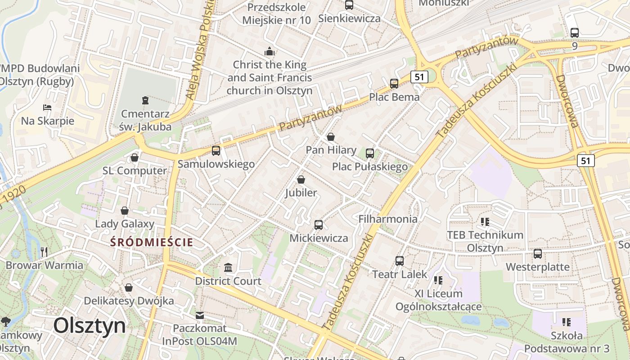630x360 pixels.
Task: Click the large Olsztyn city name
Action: point(90,325)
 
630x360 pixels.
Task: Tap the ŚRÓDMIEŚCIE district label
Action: point(152,242)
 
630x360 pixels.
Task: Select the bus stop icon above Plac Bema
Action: point(394,83)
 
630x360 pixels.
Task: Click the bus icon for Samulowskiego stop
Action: point(216,150)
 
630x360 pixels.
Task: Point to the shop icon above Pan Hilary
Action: point(331,136)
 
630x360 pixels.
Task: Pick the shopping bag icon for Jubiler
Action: point(301,180)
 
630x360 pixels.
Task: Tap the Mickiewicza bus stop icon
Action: point(319,225)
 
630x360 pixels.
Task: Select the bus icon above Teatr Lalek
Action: point(400,261)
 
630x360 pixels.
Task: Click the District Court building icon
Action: point(228,267)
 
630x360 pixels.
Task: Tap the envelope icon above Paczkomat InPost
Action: point(200,315)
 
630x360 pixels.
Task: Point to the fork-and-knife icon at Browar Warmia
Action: point(44,252)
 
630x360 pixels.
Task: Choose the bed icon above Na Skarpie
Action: point(47,107)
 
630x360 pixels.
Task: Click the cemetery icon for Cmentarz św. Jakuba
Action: point(145,99)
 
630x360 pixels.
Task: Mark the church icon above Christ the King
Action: point(270,51)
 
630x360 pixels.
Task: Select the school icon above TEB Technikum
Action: point(485,221)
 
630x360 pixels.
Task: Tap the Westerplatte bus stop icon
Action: point(538,253)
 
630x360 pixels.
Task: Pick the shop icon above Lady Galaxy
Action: point(125,210)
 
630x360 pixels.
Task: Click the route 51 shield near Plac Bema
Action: point(419,77)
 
